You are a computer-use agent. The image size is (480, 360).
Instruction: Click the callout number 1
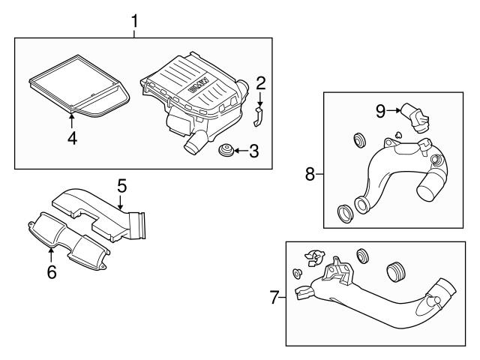[x=135, y=20]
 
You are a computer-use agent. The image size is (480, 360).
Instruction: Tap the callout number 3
[x=253, y=152]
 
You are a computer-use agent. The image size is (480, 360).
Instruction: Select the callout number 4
[x=72, y=138]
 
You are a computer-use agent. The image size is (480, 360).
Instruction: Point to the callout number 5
[x=121, y=184]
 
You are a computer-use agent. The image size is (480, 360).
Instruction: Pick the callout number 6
[x=52, y=271]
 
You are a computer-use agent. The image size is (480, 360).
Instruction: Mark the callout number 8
[x=310, y=173]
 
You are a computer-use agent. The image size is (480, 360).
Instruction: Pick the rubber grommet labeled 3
[x=223, y=152]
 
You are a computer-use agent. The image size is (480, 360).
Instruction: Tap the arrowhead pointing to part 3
[x=234, y=152]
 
